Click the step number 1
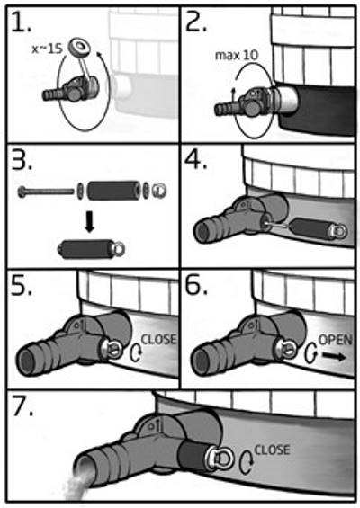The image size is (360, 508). click(20, 22)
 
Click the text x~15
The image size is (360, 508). click(48, 49)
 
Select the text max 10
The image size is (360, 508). click(237, 56)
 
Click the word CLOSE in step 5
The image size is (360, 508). click(158, 339)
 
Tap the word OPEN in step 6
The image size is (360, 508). click(336, 340)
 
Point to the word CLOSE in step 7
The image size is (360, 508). click(272, 450)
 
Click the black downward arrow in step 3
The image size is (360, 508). click(90, 224)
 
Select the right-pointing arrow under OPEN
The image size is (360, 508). click(334, 357)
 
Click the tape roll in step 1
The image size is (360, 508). click(79, 48)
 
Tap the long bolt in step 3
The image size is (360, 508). click(46, 192)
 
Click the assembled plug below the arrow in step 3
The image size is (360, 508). click(91, 249)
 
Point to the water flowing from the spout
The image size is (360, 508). click(75, 484)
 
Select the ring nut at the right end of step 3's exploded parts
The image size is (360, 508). click(159, 191)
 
